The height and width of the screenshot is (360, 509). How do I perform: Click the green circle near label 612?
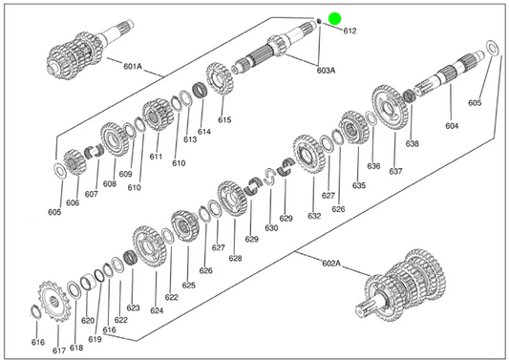click(x=334, y=18)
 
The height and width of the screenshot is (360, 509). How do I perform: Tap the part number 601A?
click(x=133, y=67)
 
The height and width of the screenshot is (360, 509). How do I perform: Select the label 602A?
click(x=331, y=263)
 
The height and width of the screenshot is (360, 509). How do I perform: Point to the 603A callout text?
click(x=326, y=70)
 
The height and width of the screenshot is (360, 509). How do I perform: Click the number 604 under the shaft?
click(x=452, y=126)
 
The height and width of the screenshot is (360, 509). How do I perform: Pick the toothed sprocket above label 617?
click(x=54, y=301)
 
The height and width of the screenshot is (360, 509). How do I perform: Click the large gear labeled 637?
click(x=390, y=107)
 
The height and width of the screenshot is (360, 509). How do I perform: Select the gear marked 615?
click(x=220, y=78)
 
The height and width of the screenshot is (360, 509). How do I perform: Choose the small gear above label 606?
click(x=75, y=162)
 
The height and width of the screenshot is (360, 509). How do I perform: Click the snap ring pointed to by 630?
click(x=269, y=177)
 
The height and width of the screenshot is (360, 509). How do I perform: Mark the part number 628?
click(x=235, y=258)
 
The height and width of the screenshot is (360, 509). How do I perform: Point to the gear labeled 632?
click(x=308, y=154)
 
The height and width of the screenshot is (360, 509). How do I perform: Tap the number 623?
click(x=133, y=307)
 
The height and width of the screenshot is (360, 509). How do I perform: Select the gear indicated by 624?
click(x=150, y=246)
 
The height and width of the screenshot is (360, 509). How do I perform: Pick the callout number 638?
click(x=412, y=143)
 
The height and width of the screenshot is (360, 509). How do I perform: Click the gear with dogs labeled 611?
click(x=157, y=115)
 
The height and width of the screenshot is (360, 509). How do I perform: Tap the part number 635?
click(x=359, y=185)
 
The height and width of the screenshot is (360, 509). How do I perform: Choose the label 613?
click(x=190, y=139)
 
